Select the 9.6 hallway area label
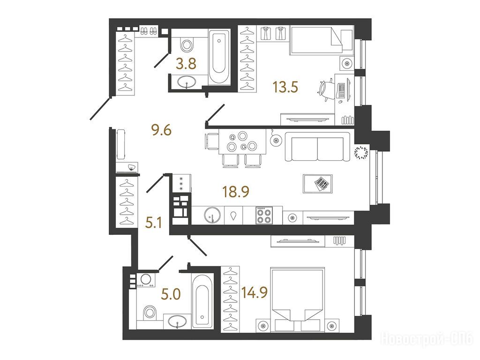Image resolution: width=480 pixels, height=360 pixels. (x=161, y=130)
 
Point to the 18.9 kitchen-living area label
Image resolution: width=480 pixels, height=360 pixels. (x=236, y=192)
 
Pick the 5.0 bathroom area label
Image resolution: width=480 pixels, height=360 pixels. (x=171, y=294)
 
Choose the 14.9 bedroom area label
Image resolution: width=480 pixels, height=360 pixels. (x=255, y=292)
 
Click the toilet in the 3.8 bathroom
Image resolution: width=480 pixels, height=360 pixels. (x=187, y=45)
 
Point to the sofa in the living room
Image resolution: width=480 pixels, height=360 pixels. (x=317, y=146)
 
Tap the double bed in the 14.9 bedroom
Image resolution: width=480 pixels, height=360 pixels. (x=297, y=299)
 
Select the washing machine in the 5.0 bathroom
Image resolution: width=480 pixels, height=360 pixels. (x=146, y=280)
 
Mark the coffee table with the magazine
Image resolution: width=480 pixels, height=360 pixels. (x=318, y=184)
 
